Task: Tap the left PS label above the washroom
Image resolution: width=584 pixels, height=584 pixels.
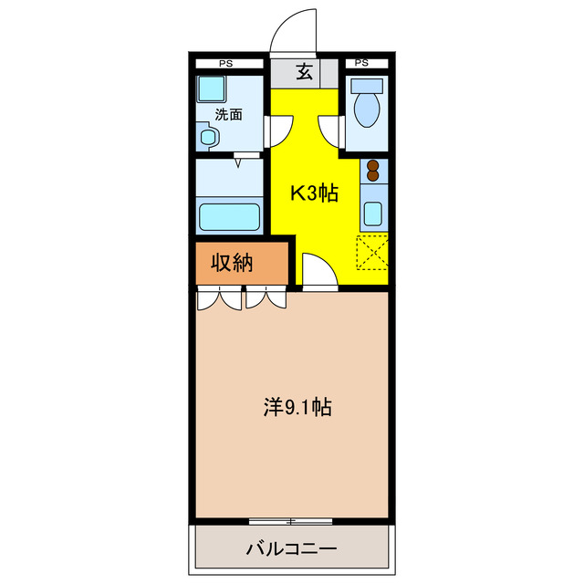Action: pyautogui.click(x=224, y=63)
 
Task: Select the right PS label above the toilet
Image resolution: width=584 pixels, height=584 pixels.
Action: pyautogui.click(x=361, y=63)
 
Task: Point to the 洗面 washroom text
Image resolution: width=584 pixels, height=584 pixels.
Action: pyautogui.click(x=228, y=115)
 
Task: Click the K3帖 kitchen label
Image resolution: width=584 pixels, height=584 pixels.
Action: pyautogui.click(x=314, y=193)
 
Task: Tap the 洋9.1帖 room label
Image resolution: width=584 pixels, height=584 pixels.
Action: pyautogui.click(x=297, y=408)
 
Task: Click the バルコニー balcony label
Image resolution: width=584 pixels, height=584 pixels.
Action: pyautogui.click(x=291, y=549)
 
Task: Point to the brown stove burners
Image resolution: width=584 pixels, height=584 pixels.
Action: pyautogui.click(x=372, y=170)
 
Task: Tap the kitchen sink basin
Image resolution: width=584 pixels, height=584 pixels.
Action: pyautogui.click(x=372, y=213)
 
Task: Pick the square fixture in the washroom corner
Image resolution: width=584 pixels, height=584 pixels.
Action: pyautogui.click(x=211, y=89)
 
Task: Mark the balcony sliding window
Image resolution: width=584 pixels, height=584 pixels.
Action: pyautogui.click(x=291, y=521)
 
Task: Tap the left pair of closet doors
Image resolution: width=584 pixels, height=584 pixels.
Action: pyautogui.click(x=220, y=297)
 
